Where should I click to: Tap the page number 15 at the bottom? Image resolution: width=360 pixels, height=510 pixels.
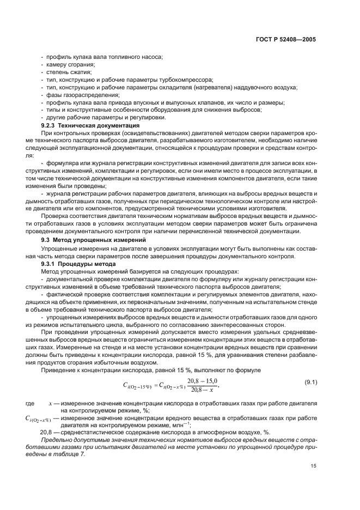[313, 466]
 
